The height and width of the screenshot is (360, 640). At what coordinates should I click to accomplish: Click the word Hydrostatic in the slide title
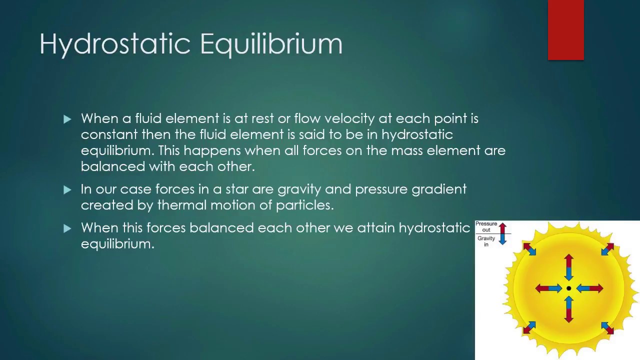[115, 44]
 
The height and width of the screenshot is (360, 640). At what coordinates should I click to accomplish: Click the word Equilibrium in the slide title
[271, 44]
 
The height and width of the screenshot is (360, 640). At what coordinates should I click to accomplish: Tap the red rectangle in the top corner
[565, 30]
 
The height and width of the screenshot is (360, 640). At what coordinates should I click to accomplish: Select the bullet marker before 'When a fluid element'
[67, 119]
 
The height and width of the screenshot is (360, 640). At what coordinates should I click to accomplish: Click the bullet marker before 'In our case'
[67, 189]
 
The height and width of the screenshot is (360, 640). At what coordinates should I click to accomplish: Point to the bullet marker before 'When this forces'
[67, 228]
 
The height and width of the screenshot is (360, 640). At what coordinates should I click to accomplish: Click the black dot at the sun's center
[568, 288]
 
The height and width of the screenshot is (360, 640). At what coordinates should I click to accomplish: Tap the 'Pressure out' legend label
[486, 227]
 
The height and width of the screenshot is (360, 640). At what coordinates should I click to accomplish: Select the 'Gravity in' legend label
[486, 241]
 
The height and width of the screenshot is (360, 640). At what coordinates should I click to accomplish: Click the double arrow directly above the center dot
[568, 267]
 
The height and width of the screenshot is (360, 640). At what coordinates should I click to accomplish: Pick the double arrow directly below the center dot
[568, 309]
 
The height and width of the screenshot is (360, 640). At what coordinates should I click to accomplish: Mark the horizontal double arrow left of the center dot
[548, 288]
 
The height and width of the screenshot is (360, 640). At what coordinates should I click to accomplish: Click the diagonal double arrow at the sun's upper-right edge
[607, 249]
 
